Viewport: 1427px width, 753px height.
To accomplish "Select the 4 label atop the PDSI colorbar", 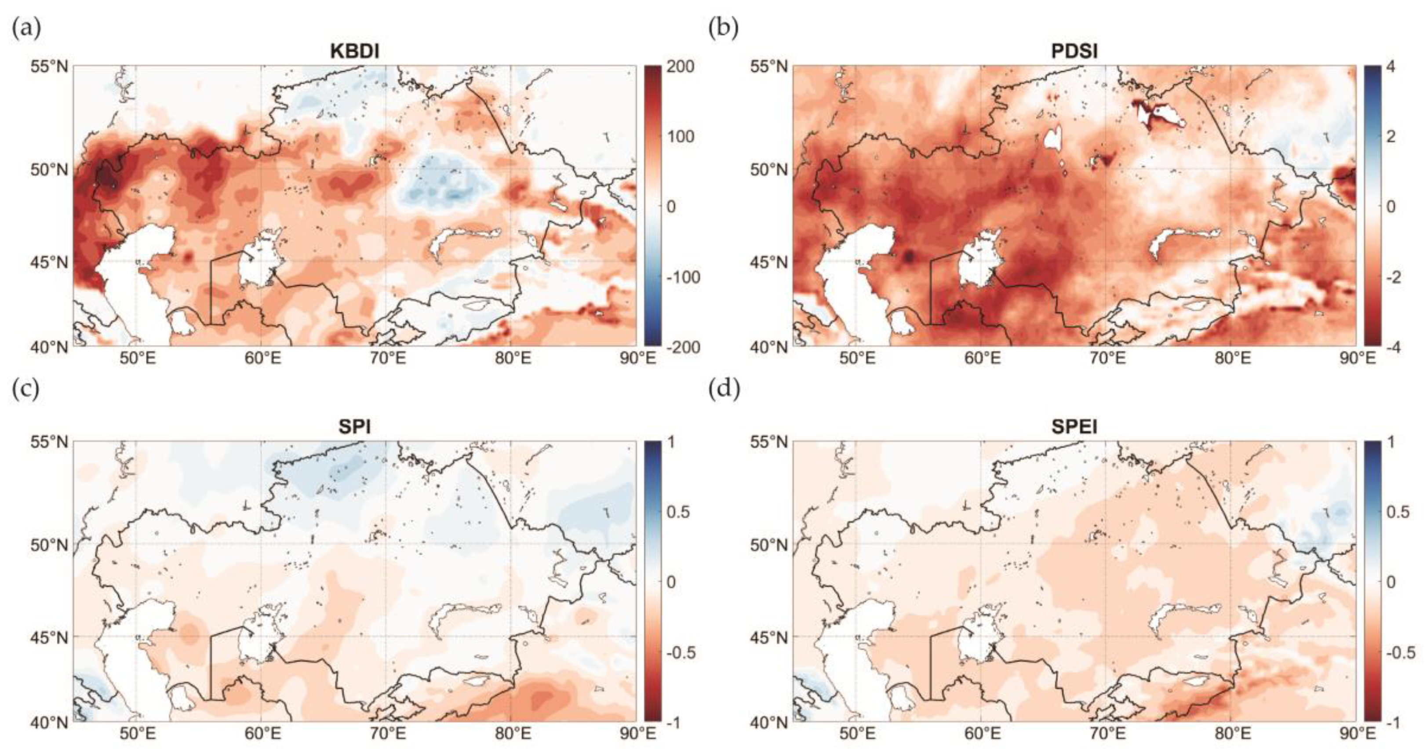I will pyautogui.click(x=1391, y=67).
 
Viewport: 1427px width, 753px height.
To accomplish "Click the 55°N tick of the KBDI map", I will pyautogui.click(x=49, y=67).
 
